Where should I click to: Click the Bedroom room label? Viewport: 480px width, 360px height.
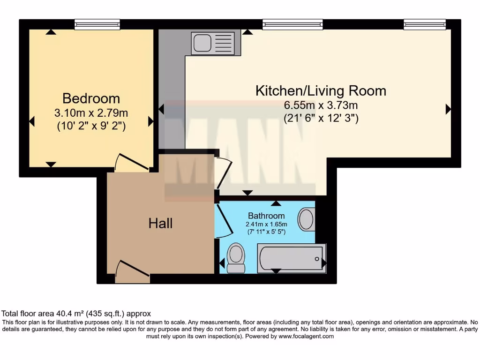point(91,98)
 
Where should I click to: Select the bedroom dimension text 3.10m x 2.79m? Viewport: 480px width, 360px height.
point(91,113)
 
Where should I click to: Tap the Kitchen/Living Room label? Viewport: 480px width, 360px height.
point(321,90)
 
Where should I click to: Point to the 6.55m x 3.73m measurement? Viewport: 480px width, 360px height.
point(321,105)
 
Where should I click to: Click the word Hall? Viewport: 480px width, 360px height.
point(160,224)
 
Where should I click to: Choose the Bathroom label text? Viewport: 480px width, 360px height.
point(266,216)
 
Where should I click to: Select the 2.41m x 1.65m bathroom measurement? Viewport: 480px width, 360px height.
point(266,224)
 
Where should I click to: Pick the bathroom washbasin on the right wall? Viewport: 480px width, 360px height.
point(307,219)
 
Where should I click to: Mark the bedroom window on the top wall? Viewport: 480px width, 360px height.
point(97,24)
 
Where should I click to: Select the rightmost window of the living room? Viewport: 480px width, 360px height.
point(425,24)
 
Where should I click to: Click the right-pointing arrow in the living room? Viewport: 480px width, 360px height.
point(448,109)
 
